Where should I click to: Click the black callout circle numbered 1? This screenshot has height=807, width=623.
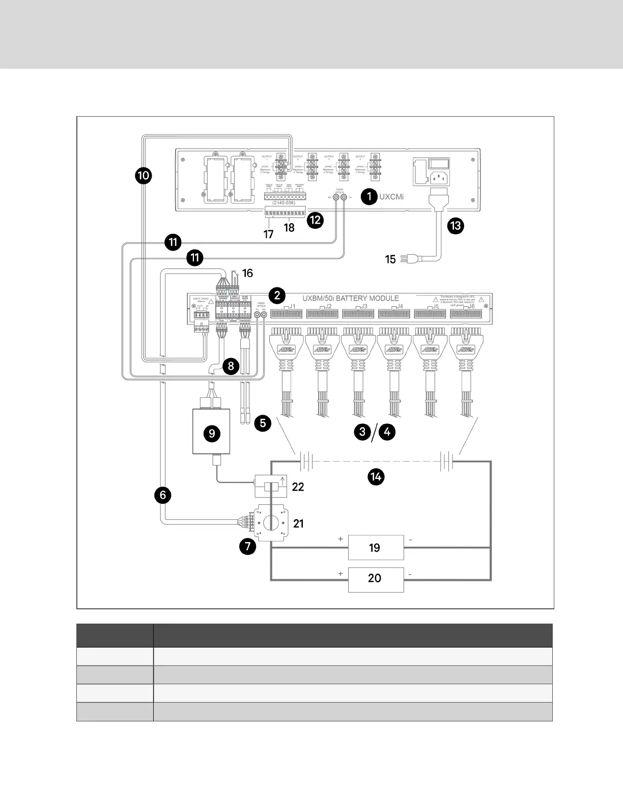click(x=369, y=196)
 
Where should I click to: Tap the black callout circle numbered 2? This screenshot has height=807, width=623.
click(x=277, y=295)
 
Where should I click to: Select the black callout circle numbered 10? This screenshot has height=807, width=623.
click(x=143, y=176)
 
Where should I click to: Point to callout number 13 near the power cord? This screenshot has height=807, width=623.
click(x=456, y=226)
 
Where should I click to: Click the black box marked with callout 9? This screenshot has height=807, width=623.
click(x=211, y=432)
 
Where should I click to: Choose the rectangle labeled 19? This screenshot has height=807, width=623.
click(x=376, y=548)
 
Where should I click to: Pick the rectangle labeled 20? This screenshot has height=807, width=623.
click(x=376, y=578)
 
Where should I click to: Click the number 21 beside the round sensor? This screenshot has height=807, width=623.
click(x=298, y=524)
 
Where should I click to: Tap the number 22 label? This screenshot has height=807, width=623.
click(x=298, y=487)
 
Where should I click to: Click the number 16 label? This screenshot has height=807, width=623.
click(x=247, y=274)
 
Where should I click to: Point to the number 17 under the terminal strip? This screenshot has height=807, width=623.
click(x=268, y=234)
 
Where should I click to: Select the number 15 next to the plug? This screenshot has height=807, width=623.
click(x=390, y=259)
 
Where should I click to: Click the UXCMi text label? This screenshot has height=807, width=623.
click(x=391, y=197)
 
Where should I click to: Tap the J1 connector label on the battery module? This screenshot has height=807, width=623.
click(x=292, y=307)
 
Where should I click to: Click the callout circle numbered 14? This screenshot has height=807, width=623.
click(x=376, y=477)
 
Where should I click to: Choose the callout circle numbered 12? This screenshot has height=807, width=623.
click(x=316, y=220)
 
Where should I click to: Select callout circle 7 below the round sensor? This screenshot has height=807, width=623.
click(x=247, y=547)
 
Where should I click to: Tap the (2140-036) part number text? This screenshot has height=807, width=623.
click(x=284, y=203)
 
